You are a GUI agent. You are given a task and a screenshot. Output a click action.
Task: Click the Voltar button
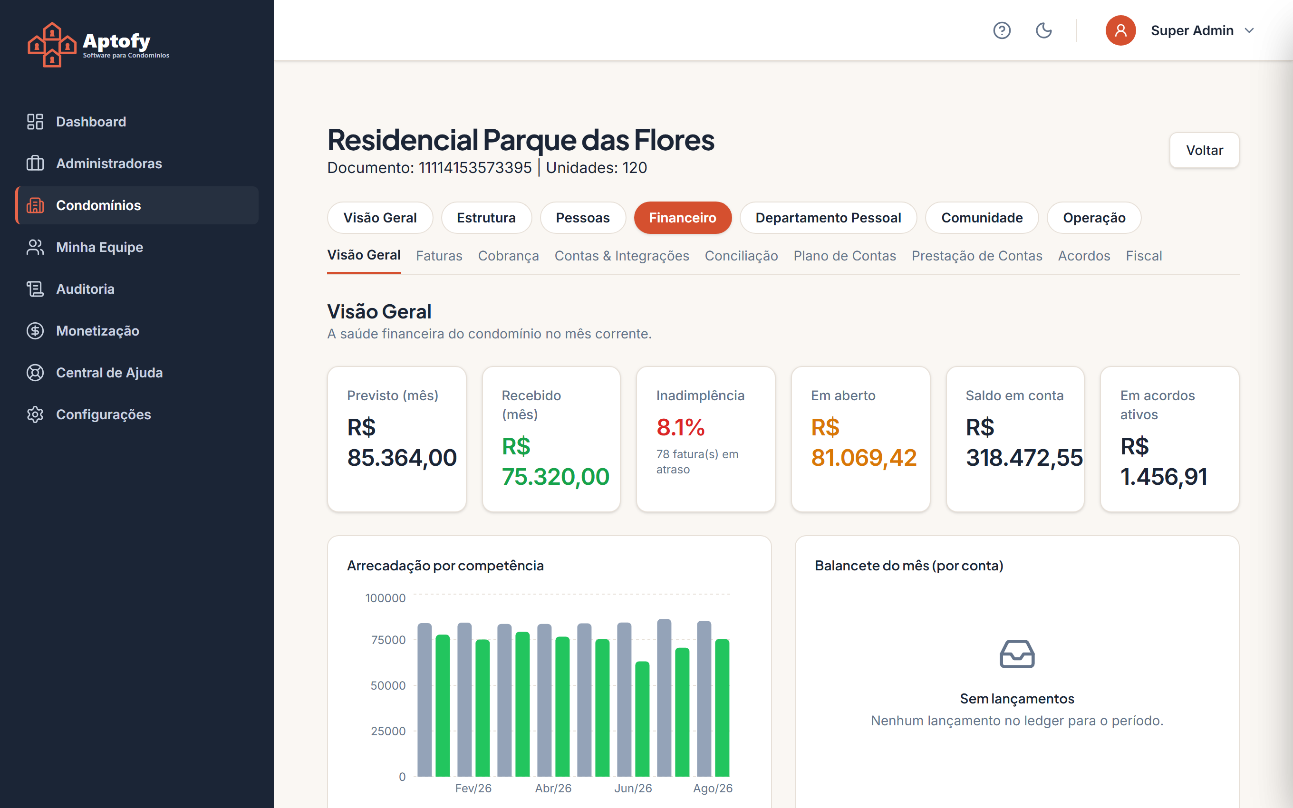(1204, 150)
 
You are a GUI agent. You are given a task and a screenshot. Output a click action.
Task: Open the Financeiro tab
(682, 218)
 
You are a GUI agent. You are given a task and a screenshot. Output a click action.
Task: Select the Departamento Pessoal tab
(828, 218)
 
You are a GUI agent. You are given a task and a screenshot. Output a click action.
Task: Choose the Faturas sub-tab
(439, 256)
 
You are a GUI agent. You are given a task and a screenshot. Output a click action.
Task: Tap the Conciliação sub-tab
(741, 256)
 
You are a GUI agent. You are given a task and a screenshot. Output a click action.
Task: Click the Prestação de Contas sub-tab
(977, 256)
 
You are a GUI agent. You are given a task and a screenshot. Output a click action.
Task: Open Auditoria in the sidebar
(85, 289)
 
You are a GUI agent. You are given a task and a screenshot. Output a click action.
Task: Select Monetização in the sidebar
(97, 331)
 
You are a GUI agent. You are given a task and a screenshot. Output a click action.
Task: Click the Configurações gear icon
(35, 414)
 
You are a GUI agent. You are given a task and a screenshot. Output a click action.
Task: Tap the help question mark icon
(1002, 30)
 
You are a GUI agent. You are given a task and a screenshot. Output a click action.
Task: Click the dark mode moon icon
(1043, 30)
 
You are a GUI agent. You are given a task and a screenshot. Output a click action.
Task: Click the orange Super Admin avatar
(1120, 30)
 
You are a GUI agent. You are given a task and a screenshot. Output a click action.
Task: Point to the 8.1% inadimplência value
(681, 427)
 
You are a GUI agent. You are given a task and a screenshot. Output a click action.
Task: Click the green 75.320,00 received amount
(555, 476)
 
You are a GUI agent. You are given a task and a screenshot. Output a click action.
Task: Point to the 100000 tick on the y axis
(385, 598)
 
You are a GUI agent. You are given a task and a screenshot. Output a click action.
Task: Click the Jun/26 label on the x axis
(633, 788)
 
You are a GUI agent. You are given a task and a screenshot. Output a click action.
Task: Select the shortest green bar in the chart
(642, 719)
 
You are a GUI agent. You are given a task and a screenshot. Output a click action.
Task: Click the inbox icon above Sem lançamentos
(1017, 654)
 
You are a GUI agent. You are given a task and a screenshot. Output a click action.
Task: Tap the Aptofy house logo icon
(52, 45)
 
